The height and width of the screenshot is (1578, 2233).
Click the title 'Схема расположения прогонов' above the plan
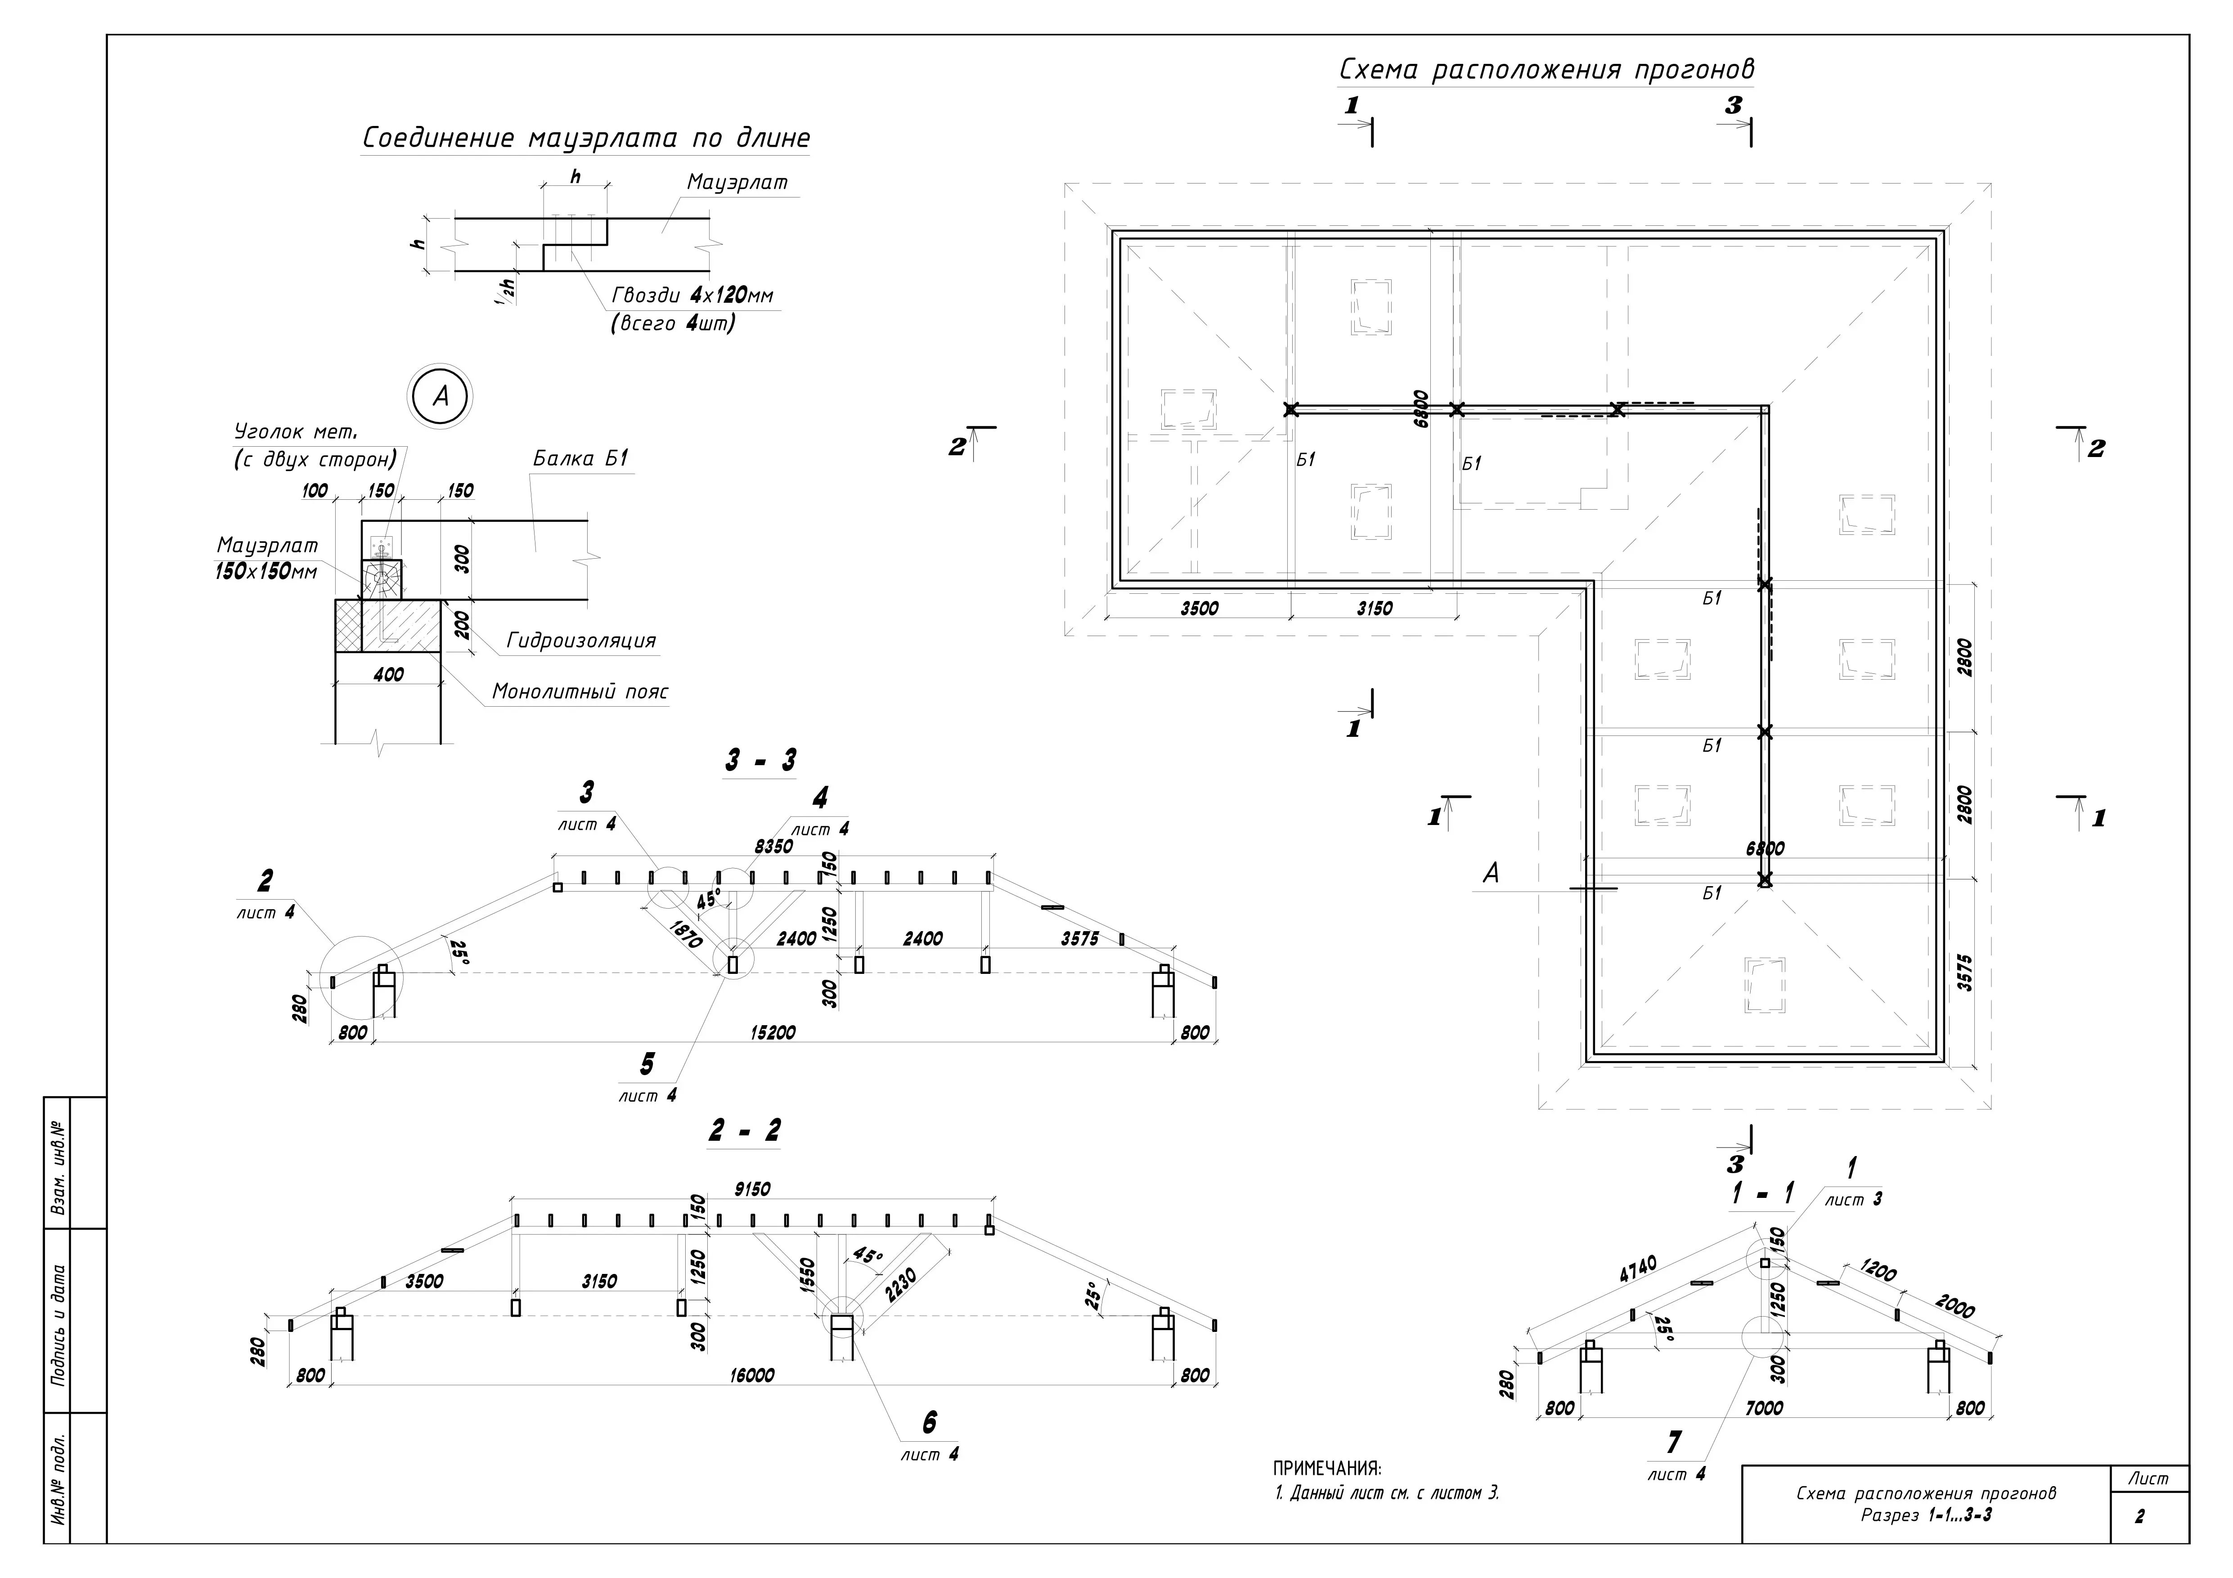pyautogui.click(x=1546, y=70)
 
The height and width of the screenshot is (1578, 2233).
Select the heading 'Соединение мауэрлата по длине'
pyautogui.click(x=585, y=138)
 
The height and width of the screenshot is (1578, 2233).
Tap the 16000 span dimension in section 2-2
pyautogui.click(x=752, y=1375)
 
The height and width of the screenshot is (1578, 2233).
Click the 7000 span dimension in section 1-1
pyautogui.click(x=1764, y=1408)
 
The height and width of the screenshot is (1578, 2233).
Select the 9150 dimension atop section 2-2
pyautogui.click(x=752, y=1189)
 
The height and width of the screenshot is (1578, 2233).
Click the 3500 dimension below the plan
pyautogui.click(x=1199, y=609)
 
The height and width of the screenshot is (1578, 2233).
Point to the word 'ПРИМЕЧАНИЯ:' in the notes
pyautogui.click(x=1326, y=1468)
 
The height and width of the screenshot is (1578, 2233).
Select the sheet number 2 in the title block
pyautogui.click(x=2139, y=1516)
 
